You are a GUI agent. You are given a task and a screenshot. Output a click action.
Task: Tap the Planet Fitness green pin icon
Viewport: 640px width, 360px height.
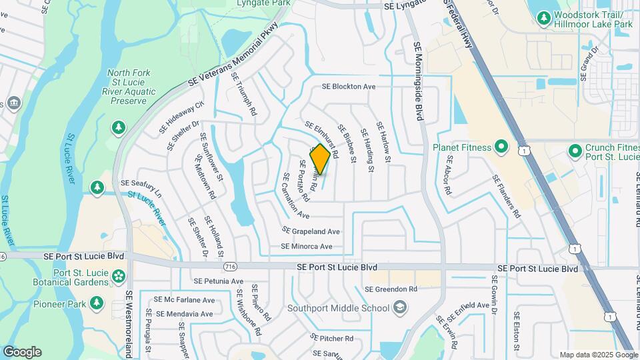[x=502, y=147]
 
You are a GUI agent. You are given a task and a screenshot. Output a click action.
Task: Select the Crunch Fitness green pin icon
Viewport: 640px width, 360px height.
[x=575, y=153]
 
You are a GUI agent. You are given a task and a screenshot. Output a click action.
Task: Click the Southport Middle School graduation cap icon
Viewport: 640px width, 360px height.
[x=399, y=308]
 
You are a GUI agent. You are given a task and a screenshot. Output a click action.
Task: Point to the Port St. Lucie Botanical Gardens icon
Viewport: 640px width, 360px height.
[x=119, y=275]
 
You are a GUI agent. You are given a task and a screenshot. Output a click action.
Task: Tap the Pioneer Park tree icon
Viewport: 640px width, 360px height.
[x=97, y=303]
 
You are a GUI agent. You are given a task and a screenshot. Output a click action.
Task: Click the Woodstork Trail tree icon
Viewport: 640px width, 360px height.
[x=543, y=17]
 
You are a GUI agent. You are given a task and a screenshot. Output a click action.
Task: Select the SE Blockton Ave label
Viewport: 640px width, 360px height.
[x=349, y=87]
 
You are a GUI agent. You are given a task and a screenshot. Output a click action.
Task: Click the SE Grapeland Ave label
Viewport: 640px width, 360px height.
[x=311, y=231]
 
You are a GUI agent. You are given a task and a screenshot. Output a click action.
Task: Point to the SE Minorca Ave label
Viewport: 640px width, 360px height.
[x=307, y=246]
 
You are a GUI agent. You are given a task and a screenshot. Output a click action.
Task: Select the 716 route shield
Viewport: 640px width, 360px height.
[x=231, y=267]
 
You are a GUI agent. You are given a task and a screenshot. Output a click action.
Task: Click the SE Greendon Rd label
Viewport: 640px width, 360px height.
[x=391, y=289]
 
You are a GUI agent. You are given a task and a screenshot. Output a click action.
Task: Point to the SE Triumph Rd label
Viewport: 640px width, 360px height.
[x=244, y=94]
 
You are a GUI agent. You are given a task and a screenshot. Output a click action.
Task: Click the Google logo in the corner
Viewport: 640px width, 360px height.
[x=22, y=351]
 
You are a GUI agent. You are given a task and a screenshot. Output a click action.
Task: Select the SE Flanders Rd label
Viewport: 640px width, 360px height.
[x=506, y=197]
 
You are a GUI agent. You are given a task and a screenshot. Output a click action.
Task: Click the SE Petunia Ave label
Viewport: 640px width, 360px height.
[x=218, y=281]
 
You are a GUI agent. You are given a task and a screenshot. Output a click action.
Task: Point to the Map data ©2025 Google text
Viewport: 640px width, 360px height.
[x=598, y=355]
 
